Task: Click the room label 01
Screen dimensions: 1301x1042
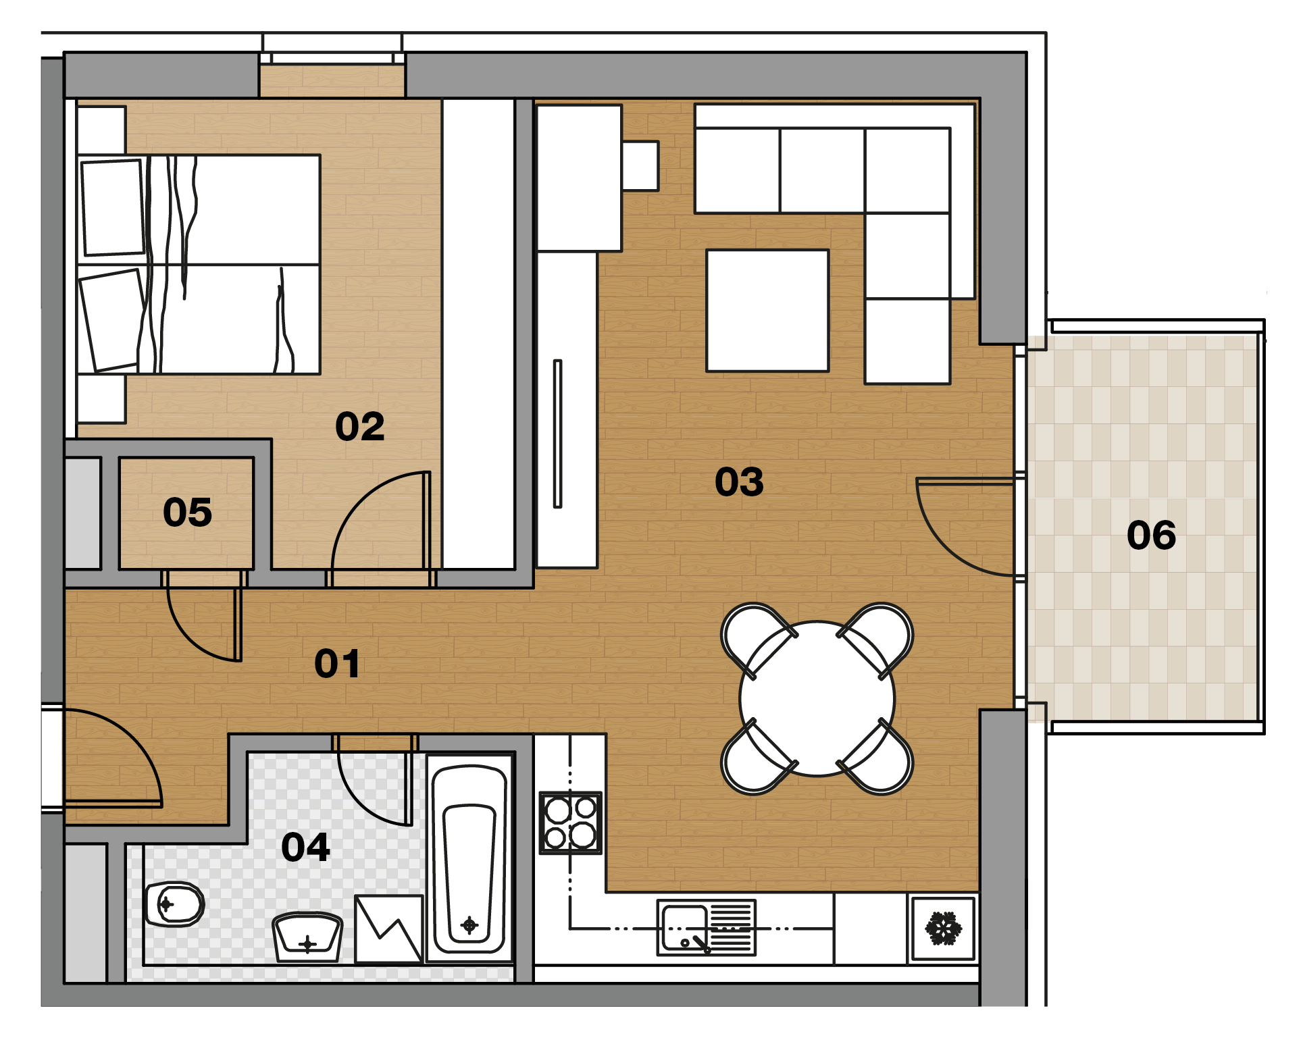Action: (x=337, y=663)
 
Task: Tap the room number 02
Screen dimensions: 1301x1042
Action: (x=360, y=426)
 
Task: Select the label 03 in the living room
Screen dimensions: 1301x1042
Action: (x=739, y=481)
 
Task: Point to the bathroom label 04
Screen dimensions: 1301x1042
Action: (x=305, y=847)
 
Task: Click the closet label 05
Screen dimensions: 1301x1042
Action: (x=187, y=512)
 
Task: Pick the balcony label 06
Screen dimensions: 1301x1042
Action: (x=1151, y=535)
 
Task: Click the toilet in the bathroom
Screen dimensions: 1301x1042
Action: (x=174, y=904)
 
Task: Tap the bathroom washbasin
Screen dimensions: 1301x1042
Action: (x=307, y=937)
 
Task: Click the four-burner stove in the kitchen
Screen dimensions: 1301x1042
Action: (x=571, y=823)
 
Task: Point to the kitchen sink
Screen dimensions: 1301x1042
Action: (x=707, y=927)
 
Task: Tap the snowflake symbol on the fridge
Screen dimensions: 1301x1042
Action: (x=943, y=928)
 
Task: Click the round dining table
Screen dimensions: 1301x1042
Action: (x=817, y=699)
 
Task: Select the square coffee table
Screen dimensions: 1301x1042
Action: (x=767, y=311)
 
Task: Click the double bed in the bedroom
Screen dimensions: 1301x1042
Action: (x=199, y=264)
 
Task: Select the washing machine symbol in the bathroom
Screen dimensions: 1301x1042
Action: (x=389, y=929)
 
